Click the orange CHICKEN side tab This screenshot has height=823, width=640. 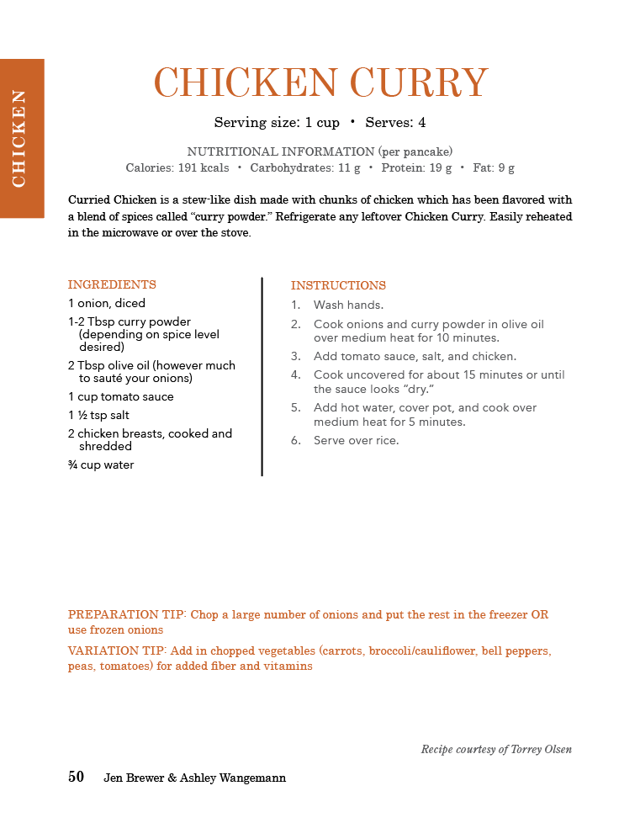coord(21,138)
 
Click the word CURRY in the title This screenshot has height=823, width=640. coord(418,83)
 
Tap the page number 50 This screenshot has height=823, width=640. coord(76,778)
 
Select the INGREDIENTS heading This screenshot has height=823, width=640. coord(112,284)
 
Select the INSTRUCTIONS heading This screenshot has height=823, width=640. coord(338,285)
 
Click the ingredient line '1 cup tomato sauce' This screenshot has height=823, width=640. coord(120,396)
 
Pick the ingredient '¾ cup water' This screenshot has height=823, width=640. coord(101,465)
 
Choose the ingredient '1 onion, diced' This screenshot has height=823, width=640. coord(107,303)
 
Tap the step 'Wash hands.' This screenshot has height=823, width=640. coord(348,305)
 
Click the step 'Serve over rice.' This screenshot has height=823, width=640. coord(357,440)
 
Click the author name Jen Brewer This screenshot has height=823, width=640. coord(134,778)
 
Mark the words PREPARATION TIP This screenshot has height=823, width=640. coord(127,615)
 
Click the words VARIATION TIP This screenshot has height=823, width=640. coord(116,651)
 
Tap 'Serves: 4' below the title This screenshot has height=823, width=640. coord(395,123)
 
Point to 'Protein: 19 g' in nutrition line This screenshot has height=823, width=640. coord(416,167)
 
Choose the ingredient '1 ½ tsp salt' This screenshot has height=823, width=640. coord(98,415)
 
